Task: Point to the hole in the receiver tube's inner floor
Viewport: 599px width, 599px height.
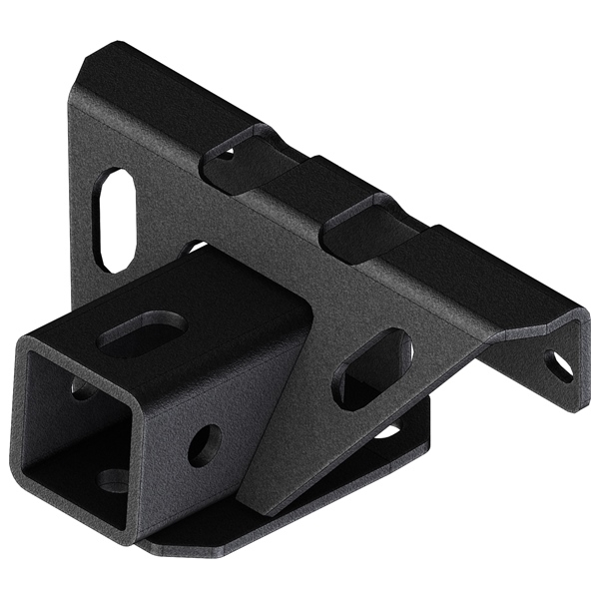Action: click(x=113, y=480)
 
